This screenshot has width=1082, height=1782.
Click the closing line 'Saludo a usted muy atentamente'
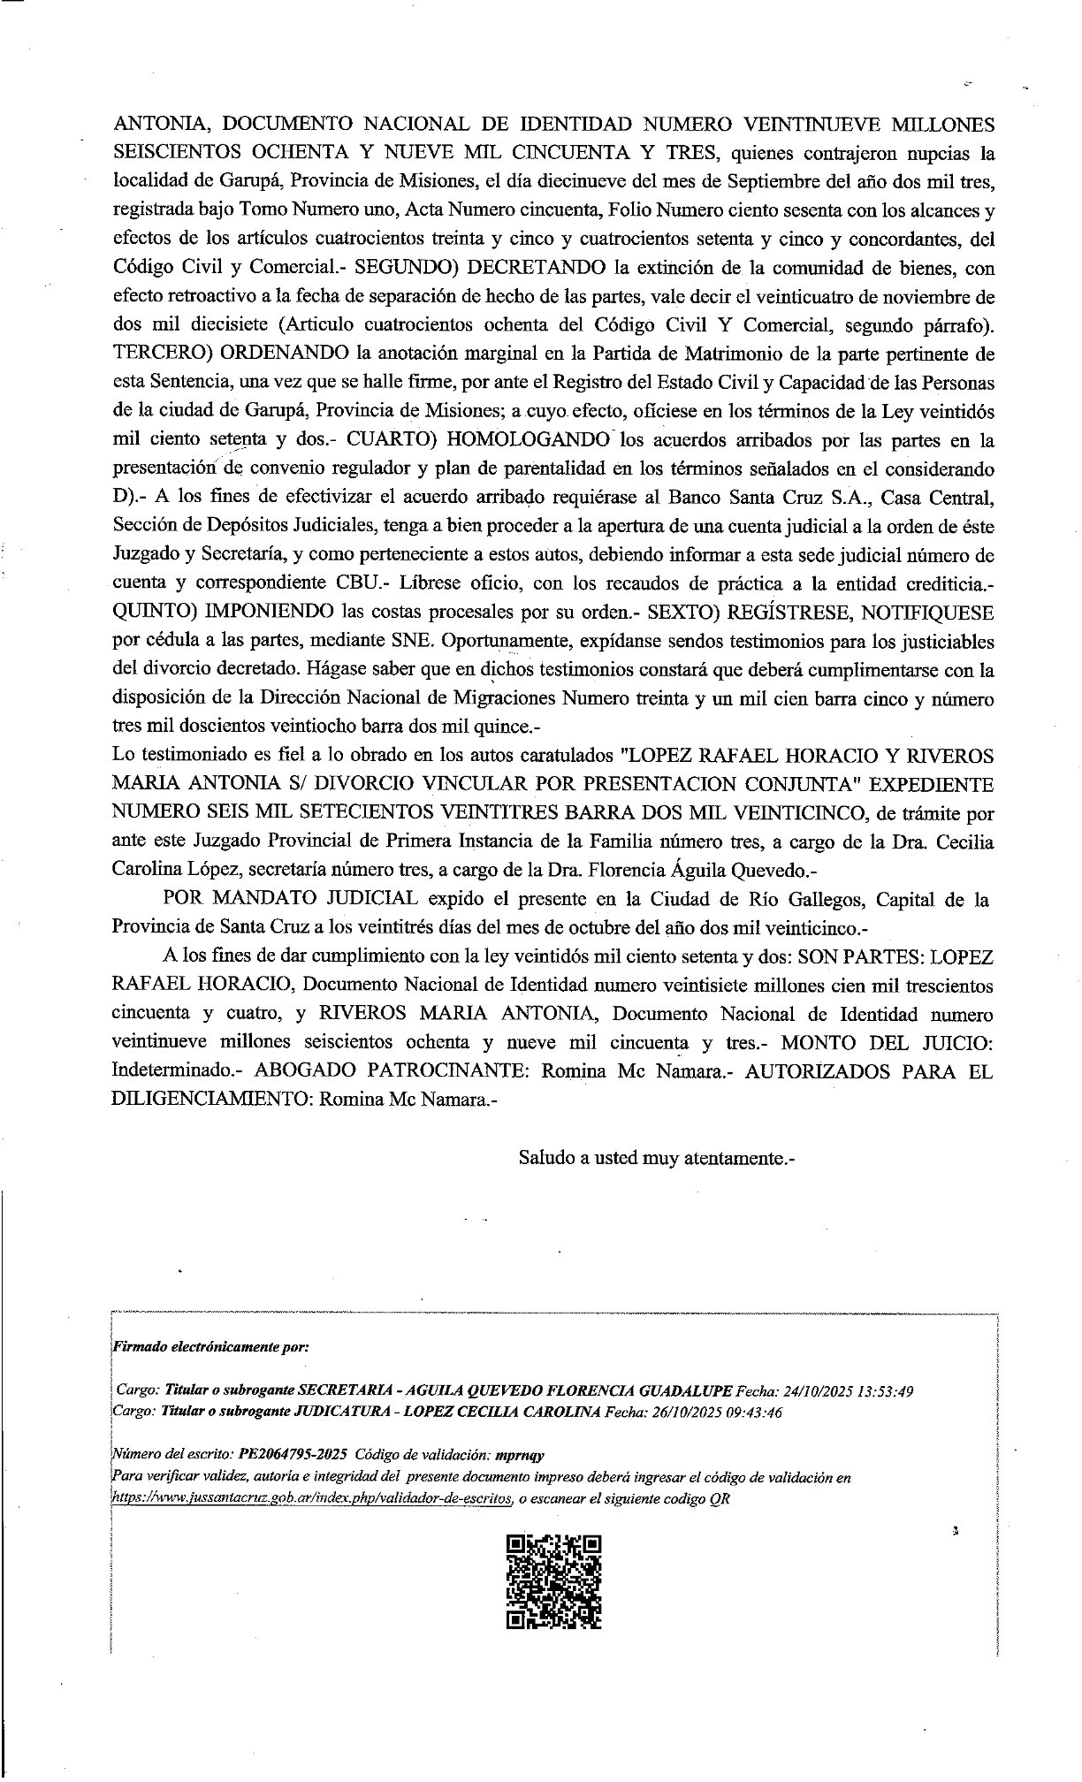click(x=657, y=1158)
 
